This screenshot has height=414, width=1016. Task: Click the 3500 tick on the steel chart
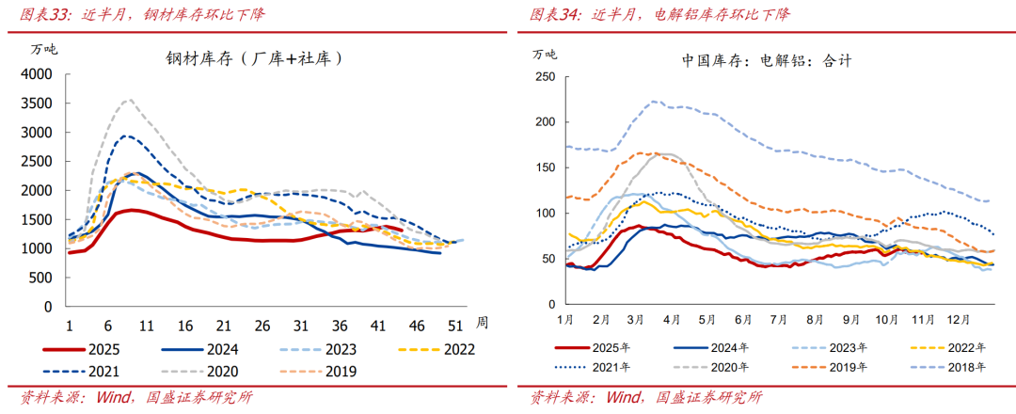pyautogui.click(x=38, y=103)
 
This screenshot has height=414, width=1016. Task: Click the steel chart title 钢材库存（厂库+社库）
pyautogui.click(x=254, y=58)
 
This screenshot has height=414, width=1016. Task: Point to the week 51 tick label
pyautogui.click(x=454, y=325)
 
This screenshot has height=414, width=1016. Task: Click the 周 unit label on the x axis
pyautogui.click(x=482, y=323)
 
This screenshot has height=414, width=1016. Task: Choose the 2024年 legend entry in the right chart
pyautogui.click(x=729, y=348)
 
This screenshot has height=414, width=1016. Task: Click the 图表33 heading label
pyautogui.click(x=38, y=15)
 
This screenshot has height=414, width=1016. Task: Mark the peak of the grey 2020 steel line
pyautogui.click(x=129, y=100)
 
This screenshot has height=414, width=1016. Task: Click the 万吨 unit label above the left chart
pyautogui.click(x=44, y=49)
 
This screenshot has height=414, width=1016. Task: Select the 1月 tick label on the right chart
pyautogui.click(x=565, y=320)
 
